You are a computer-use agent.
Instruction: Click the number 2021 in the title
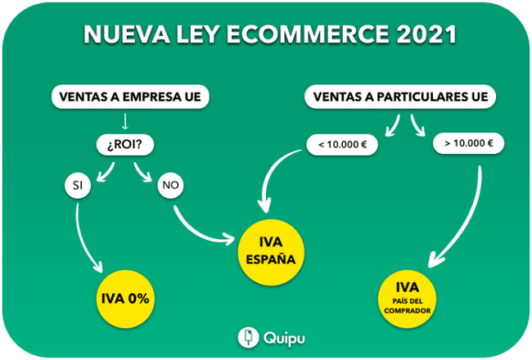tap(426, 34)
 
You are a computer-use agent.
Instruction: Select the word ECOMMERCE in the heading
tap(308, 34)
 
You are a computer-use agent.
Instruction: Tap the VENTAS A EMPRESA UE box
tap(130, 97)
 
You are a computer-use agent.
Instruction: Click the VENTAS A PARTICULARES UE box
tap(400, 97)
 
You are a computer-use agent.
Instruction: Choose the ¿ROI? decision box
tap(125, 145)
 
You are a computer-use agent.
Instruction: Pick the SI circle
tap(78, 185)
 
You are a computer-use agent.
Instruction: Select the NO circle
tap(170, 185)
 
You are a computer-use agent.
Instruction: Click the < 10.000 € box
tap(342, 145)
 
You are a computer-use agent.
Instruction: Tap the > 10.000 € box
tap(468, 143)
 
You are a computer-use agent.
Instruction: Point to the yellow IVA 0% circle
tap(125, 299)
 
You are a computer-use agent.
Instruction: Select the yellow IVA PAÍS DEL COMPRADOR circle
tap(407, 299)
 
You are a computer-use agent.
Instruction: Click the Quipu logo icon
tap(249, 338)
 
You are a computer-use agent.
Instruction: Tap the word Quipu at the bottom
tap(284, 339)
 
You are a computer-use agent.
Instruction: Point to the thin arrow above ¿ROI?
tap(125, 121)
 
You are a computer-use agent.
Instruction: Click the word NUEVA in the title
tap(127, 34)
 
